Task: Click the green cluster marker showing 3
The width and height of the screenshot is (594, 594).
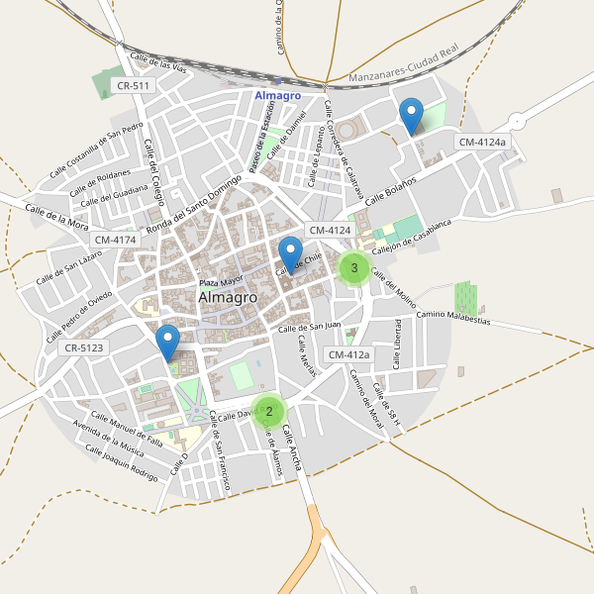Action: [354, 268]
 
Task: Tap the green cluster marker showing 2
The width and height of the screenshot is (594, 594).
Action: [268, 411]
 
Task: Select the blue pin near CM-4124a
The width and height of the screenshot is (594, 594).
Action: [411, 117]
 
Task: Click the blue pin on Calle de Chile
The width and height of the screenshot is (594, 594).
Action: [290, 255]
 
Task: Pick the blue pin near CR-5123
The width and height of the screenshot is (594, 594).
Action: [168, 343]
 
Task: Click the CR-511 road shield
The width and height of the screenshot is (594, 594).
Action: [133, 86]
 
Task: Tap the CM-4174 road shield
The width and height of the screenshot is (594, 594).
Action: [116, 240]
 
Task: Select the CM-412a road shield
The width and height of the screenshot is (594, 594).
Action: [348, 354]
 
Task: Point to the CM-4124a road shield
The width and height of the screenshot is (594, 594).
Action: [482, 143]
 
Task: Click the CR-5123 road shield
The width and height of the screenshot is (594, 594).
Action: [83, 348]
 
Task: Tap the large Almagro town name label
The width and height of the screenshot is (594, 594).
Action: [228, 297]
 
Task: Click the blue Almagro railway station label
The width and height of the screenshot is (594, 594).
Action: [277, 95]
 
